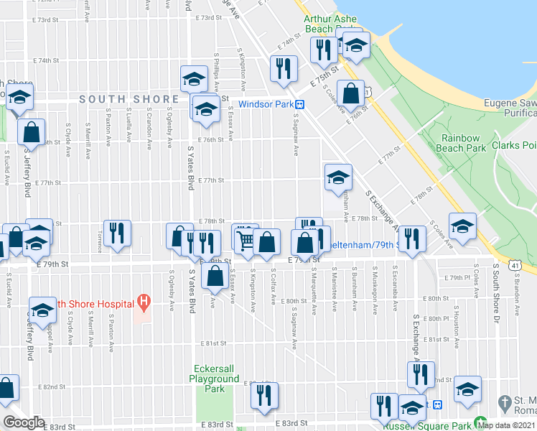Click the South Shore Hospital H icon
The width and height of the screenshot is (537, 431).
[144, 302]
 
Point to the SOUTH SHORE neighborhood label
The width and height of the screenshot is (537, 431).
[129, 99]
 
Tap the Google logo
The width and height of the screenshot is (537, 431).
[24, 422]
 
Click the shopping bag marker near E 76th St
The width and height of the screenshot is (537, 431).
[350, 93]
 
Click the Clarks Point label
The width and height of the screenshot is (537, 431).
[514, 146]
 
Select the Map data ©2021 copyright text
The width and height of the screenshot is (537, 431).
[505, 425]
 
